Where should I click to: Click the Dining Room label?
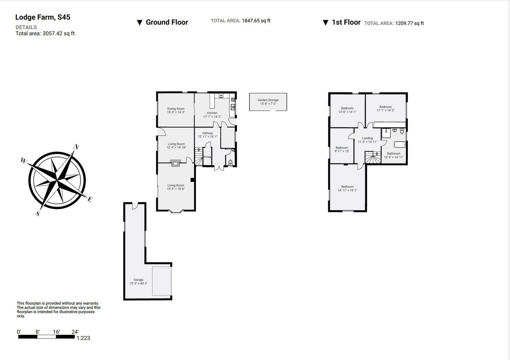point(176,109)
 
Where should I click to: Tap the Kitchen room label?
point(212,113)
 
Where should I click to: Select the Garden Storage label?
point(268,100)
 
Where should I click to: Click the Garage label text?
point(138,280)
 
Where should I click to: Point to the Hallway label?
point(208,133)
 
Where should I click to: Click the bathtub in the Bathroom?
point(400,145)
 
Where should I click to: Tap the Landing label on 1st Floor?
point(368,138)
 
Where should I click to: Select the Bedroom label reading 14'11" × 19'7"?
point(347,187)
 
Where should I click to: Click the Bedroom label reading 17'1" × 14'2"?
point(385,107)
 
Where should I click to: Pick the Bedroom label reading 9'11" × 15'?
point(341,148)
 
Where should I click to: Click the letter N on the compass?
point(76,147)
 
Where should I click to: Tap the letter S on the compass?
point(38,214)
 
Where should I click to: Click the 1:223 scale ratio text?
point(83,338)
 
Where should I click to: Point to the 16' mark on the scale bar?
point(56,332)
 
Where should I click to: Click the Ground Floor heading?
point(167,22)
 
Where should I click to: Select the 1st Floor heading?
point(346,22)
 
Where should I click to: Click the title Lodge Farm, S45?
point(43,17)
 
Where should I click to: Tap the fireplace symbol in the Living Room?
point(175,163)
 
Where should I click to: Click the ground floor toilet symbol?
point(230,162)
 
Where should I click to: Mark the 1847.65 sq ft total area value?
point(256,21)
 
